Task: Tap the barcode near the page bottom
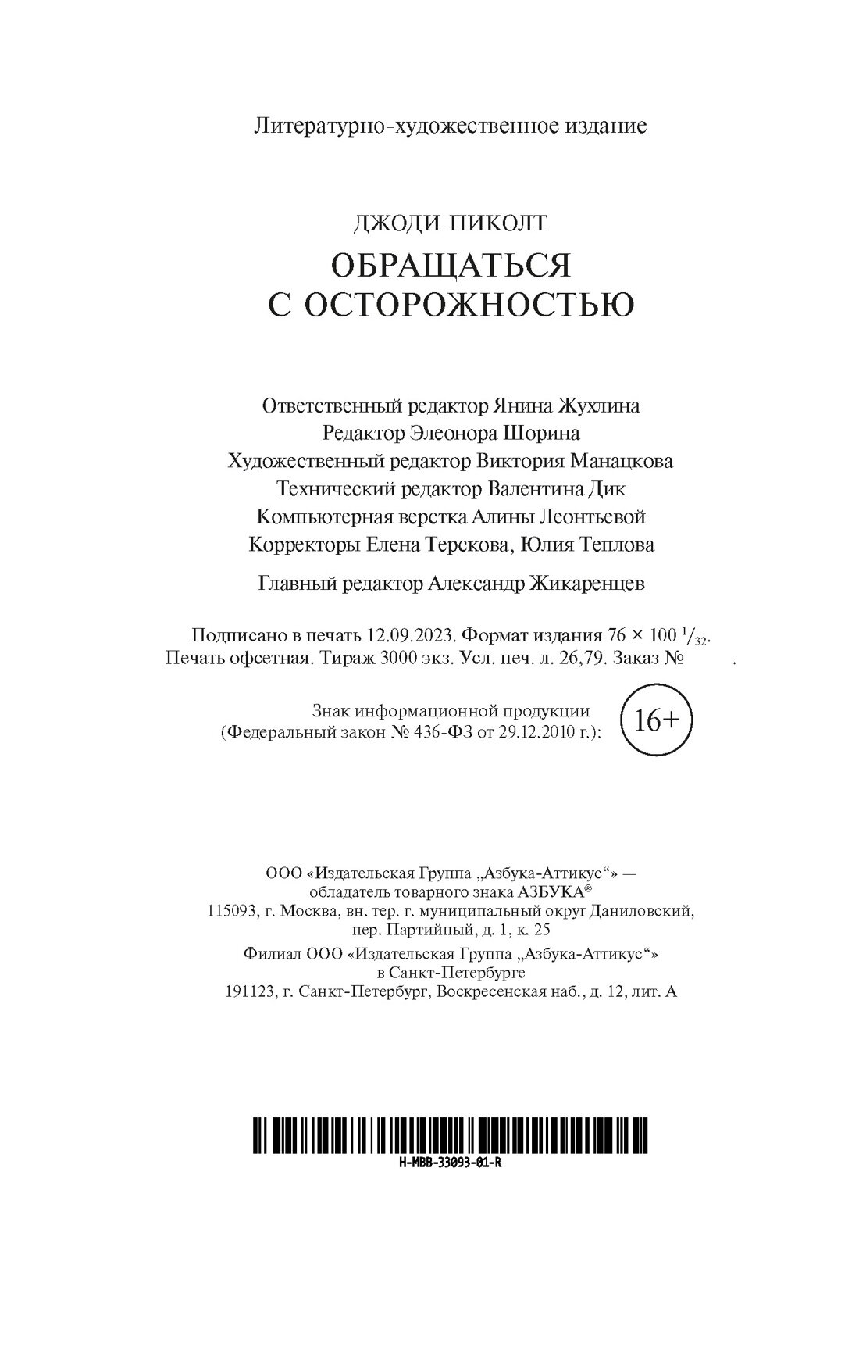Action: coord(451,1135)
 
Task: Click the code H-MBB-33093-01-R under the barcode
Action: coord(449,1163)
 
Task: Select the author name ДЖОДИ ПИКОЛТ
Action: coord(451,224)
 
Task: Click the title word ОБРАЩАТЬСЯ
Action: coord(451,266)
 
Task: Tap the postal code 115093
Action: coord(232,910)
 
